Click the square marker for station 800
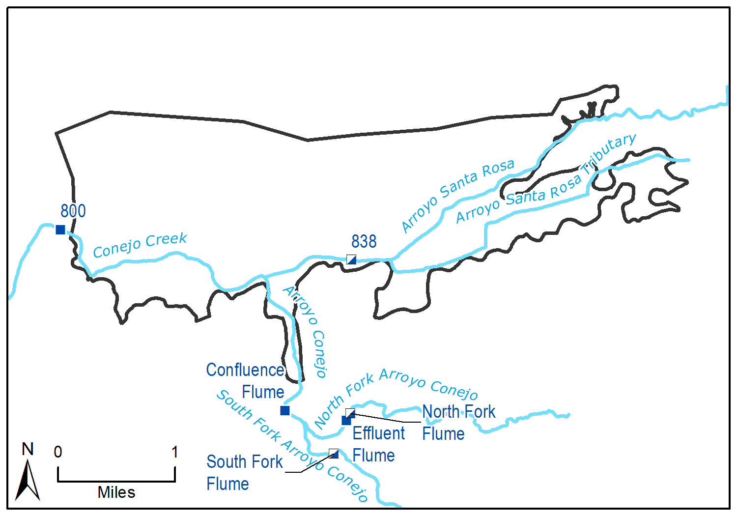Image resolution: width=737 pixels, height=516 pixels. [60, 229]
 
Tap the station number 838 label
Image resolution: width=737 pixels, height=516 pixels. [364, 242]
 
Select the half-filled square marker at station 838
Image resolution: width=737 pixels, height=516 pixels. [351, 259]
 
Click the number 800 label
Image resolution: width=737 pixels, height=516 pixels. [73, 211]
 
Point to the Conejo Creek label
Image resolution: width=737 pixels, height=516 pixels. [140, 244]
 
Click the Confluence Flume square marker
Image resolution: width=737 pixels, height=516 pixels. [285, 410]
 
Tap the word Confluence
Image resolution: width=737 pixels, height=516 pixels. [245, 370]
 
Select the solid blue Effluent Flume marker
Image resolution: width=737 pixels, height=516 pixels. [346, 421]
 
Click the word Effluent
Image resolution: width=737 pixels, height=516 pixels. [379, 433]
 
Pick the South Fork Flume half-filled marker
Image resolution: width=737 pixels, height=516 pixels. [334, 453]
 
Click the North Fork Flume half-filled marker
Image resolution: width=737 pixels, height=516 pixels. [350, 412]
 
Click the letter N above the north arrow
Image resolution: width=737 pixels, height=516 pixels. [28, 449]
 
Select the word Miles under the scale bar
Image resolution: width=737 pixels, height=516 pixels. [116, 492]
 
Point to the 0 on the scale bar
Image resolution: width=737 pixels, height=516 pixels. [58, 452]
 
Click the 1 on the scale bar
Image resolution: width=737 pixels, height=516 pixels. [174, 452]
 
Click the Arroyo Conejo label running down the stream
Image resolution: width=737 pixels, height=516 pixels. [307, 332]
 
